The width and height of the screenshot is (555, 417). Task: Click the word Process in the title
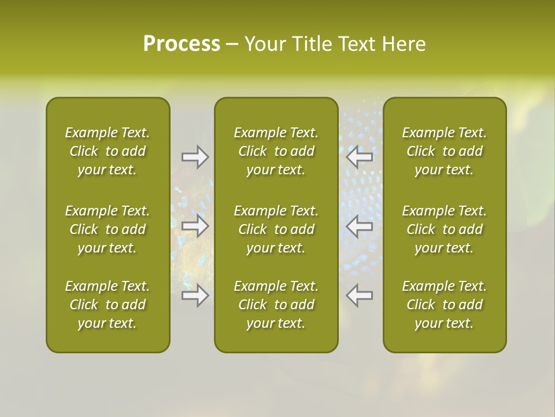(182, 43)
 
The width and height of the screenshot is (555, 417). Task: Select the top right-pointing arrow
(195, 157)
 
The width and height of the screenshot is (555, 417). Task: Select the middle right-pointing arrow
(195, 226)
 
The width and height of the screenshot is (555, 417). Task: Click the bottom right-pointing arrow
(195, 295)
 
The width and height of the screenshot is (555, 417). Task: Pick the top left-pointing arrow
(359, 157)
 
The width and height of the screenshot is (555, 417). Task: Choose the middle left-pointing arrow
(359, 226)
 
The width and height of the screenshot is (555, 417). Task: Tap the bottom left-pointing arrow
(359, 295)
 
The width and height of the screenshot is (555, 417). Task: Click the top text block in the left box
(108, 151)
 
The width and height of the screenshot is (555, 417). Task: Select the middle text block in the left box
(108, 229)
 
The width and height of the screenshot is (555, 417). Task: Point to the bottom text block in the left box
(108, 305)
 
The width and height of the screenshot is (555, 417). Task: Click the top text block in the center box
(276, 151)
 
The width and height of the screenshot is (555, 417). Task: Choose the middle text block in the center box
(276, 229)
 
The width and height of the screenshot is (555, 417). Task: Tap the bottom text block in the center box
(276, 305)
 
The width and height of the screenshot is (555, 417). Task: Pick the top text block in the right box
(444, 151)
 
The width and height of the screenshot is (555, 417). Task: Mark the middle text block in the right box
(444, 229)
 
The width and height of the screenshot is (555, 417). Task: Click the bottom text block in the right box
(444, 305)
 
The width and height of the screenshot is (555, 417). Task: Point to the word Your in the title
(264, 43)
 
